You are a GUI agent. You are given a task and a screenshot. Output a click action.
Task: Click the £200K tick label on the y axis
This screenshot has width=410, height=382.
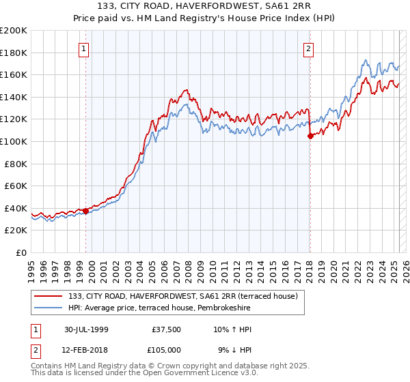pyautogui.click(x=14, y=31)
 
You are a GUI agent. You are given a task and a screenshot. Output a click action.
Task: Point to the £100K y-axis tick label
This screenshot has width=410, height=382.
pyautogui.click(x=14, y=141)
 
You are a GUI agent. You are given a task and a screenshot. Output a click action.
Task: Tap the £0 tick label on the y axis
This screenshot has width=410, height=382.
pyautogui.click(x=22, y=252)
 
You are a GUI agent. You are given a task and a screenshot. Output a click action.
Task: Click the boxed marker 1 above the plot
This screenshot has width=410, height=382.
pyautogui.click(x=83, y=48)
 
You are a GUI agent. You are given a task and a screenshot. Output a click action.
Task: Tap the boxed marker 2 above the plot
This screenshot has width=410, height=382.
pyautogui.click(x=309, y=48)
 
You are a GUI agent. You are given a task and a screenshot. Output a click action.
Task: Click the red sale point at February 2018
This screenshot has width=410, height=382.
pyautogui.click(x=310, y=136)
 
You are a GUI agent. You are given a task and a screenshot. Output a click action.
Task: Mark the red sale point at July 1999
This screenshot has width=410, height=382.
pyautogui.click(x=86, y=211)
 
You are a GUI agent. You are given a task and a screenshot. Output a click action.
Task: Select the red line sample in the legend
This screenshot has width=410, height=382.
pyautogui.click(x=49, y=297)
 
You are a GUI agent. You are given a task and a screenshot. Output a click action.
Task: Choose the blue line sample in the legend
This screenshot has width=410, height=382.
pyautogui.click(x=49, y=308)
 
